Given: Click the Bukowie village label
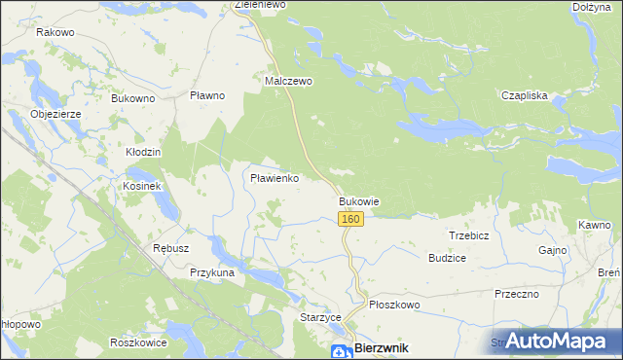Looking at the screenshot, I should click(x=358, y=201).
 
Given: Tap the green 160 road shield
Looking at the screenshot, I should click(x=351, y=220).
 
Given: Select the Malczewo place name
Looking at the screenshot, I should click(x=289, y=81).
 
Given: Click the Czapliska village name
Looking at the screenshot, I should click(x=526, y=95).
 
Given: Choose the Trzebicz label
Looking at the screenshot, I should click(x=468, y=235).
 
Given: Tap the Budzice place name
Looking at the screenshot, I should click(x=447, y=258).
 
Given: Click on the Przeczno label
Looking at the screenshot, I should click(x=517, y=293).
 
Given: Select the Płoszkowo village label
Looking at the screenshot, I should click(x=394, y=305).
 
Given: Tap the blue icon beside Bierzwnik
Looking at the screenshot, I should click(x=340, y=351).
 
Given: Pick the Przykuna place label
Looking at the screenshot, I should click(x=213, y=273).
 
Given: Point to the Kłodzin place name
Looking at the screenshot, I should click(x=143, y=153).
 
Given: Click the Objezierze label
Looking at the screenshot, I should click(x=61, y=113).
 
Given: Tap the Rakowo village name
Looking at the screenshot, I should click(x=55, y=32).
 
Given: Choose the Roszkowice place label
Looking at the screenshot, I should click(x=134, y=342).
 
